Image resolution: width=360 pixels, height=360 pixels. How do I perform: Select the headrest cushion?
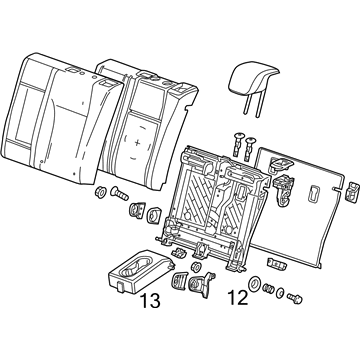tap(250, 76)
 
